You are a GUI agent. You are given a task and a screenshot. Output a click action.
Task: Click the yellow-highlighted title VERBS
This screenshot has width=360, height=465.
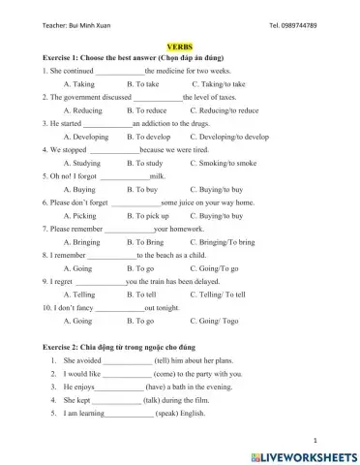(180, 46)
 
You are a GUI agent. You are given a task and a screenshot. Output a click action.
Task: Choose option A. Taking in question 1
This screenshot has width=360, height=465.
(78, 84)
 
